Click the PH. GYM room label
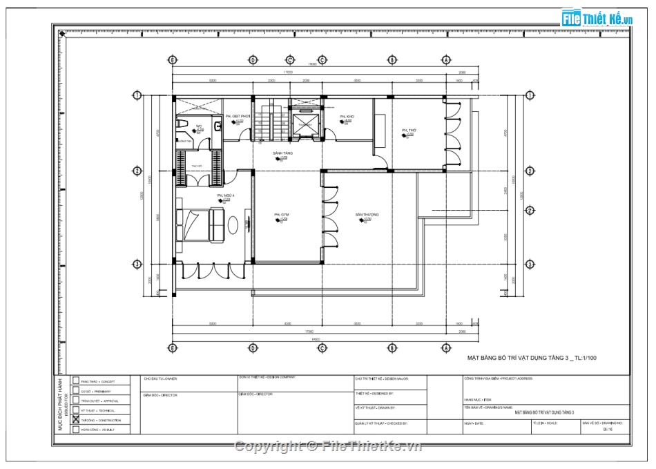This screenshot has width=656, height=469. coord(281,215)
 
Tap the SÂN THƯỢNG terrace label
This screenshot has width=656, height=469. coord(367,215)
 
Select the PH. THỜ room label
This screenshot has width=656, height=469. coord(409,130)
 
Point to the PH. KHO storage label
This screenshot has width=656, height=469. coord(347,117)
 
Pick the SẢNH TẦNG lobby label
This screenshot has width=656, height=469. coord(282,153)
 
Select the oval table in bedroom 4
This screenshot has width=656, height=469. coord(233,226)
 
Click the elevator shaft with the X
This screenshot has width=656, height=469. coord(305,124)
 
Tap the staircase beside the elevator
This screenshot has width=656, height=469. coord(277,121)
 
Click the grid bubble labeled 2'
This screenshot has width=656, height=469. coord(530,211)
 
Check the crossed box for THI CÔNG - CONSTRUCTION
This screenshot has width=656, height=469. coord(76,420)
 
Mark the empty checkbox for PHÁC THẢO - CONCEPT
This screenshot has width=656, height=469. coord(76,381)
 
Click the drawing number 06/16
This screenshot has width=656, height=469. coord(608,429)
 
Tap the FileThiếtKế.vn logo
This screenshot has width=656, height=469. coord(597,19)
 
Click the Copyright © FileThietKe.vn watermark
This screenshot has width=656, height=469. coord(328,446)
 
